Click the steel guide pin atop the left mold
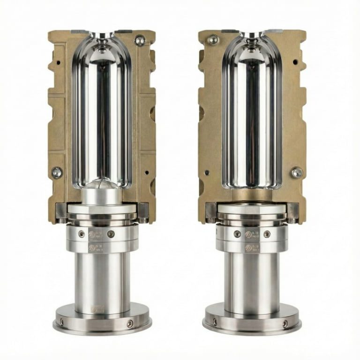tap(139, 40)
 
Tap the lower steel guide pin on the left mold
tap(57, 172)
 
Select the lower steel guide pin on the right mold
tap(296, 172)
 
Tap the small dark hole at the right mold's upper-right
tap(295, 61)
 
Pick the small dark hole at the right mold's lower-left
tap(207, 172)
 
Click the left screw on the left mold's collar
tap(82, 233)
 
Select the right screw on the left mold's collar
tap(111, 233)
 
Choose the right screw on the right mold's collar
tap(267, 233)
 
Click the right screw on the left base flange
tap(130, 323)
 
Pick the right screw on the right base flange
tap(285, 323)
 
